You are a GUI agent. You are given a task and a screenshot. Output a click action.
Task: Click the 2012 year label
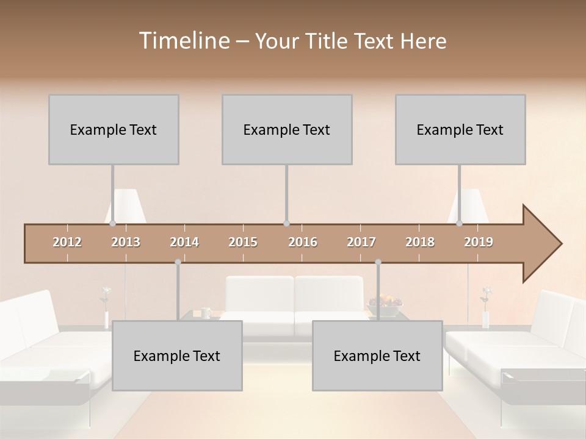pos(67,242)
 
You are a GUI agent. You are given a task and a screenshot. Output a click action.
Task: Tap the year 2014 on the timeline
pos(184,242)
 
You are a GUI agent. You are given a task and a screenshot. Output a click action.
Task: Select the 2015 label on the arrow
pos(243,242)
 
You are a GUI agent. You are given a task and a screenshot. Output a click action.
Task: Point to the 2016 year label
pos(303,242)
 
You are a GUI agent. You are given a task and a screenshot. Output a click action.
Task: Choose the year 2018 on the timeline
pos(420,242)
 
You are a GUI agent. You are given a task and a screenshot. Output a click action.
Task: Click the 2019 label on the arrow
pos(479,242)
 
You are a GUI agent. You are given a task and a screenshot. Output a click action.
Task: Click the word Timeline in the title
pos(184,41)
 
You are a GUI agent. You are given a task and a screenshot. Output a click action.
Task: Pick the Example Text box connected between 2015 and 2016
pos(287,129)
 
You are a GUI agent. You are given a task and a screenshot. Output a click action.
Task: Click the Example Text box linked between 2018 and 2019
pos(460,129)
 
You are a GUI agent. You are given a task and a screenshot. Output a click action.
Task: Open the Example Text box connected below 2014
pos(177,355)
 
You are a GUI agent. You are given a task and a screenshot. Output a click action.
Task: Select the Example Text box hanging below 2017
pos(377,355)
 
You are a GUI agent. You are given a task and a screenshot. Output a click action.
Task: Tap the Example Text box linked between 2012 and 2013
pos(114,129)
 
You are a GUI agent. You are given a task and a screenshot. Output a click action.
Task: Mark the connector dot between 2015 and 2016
pos(287,224)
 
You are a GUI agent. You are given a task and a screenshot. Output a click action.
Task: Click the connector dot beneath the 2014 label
pos(178,262)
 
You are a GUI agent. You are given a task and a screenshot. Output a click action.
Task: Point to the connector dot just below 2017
pos(378,262)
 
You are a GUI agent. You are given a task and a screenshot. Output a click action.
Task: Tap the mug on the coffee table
pos(206,313)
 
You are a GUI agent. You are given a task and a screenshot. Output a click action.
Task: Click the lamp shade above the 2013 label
pos(127,205)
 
